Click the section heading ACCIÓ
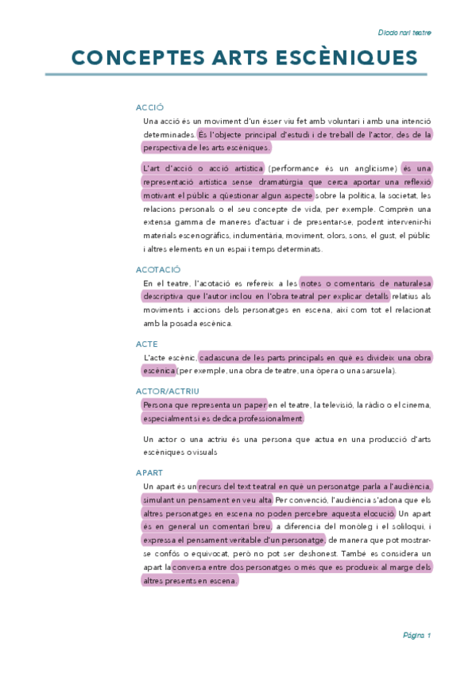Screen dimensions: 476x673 (x=149, y=107)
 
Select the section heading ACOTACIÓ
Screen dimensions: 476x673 (x=158, y=270)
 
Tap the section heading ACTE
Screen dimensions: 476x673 (x=147, y=344)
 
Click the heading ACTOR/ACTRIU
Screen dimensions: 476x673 (x=167, y=391)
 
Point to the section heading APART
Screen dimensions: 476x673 (x=149, y=473)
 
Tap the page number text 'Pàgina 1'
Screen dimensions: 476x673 (x=416, y=636)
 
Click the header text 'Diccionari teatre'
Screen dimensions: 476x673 (x=404, y=33)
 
